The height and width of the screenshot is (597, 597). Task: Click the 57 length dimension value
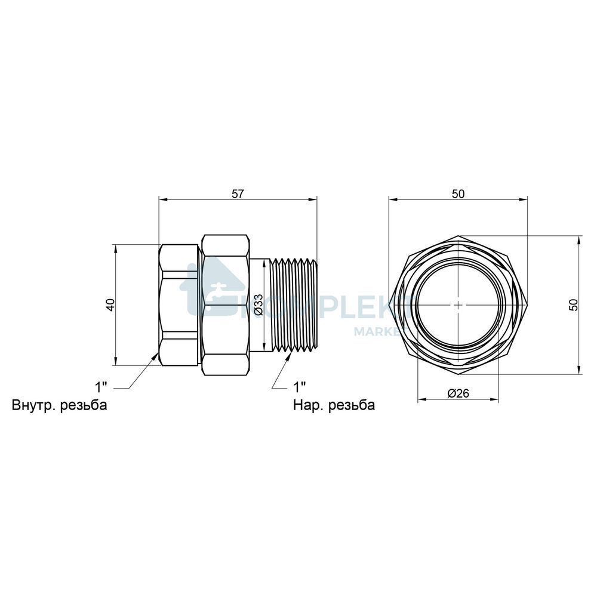(x=238, y=194)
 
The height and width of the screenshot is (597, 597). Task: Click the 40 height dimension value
(x=110, y=305)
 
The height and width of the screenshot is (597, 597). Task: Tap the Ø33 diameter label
(x=259, y=304)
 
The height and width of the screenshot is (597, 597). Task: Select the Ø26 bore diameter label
(x=458, y=393)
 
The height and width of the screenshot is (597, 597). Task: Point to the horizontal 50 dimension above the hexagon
(x=458, y=194)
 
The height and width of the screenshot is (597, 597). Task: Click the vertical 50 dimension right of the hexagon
(x=573, y=305)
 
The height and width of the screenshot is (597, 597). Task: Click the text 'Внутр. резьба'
(x=59, y=405)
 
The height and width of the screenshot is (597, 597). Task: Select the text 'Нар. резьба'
(x=334, y=405)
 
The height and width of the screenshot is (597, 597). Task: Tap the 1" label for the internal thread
(x=101, y=387)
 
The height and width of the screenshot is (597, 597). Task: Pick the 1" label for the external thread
(x=299, y=387)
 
